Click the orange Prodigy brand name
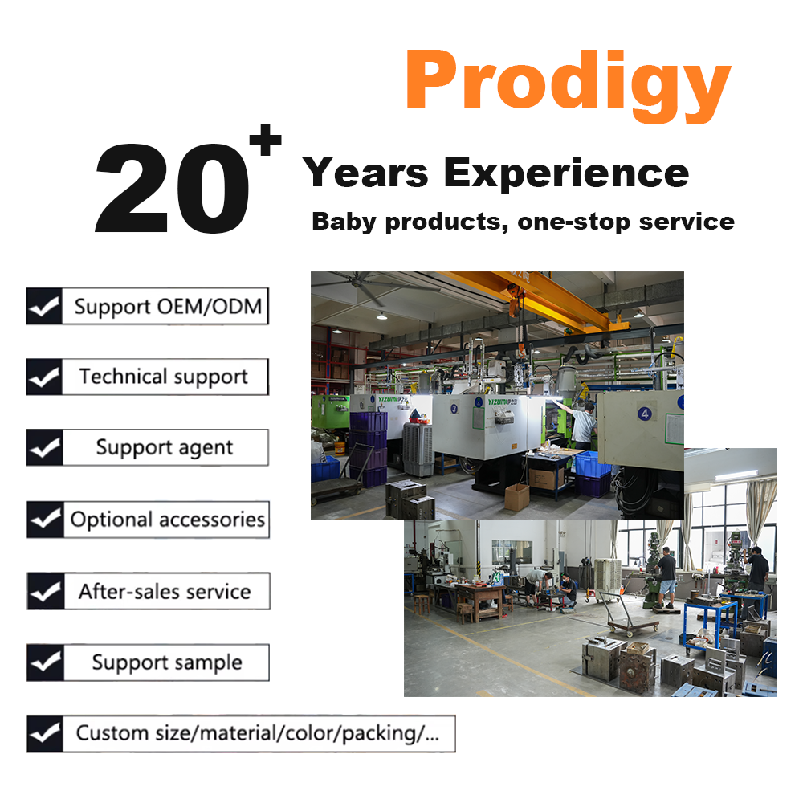568,84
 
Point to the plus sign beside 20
265,139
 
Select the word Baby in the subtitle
344,222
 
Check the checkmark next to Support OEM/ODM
44,306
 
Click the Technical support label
163,377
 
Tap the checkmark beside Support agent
44,447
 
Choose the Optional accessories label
168,520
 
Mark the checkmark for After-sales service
46,591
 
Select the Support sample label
167,662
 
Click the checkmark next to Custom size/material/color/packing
45,734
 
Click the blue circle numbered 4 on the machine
645,414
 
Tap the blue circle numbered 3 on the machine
454,409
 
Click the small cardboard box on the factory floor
516,496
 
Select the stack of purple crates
369,449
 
